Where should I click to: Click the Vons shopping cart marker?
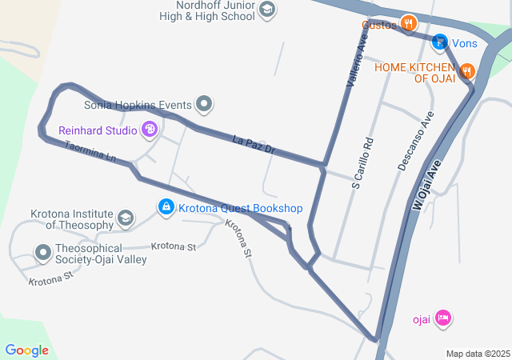point(439,42)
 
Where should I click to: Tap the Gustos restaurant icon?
point(409,23)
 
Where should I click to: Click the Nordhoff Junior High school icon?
point(268,10)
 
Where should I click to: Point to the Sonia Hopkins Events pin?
point(206,104)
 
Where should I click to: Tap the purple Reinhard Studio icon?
point(149,129)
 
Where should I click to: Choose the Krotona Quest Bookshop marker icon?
point(166,208)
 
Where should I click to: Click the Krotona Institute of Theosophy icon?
point(125,218)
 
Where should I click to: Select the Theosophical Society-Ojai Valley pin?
point(43,254)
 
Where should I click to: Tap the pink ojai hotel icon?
point(444,318)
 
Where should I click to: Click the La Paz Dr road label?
point(254,145)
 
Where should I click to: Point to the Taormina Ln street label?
point(90,152)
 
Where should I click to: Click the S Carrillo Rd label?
point(362,162)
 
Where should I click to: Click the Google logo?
point(26,350)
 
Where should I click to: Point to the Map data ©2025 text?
point(478,354)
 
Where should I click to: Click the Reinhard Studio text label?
point(98,130)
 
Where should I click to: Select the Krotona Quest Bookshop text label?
point(240,209)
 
